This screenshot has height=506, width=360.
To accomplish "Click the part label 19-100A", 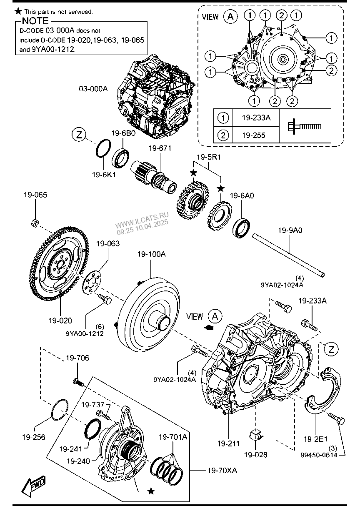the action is [152, 254].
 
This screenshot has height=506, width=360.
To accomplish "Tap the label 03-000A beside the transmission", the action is [93, 89].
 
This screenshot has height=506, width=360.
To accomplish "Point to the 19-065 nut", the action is [35, 223].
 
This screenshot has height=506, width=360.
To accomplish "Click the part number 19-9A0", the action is [290, 230].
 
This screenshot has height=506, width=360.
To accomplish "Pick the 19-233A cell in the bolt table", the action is [256, 118].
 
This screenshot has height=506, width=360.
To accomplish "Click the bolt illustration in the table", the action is [305, 126].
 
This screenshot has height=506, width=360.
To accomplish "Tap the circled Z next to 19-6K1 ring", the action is [79, 135].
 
